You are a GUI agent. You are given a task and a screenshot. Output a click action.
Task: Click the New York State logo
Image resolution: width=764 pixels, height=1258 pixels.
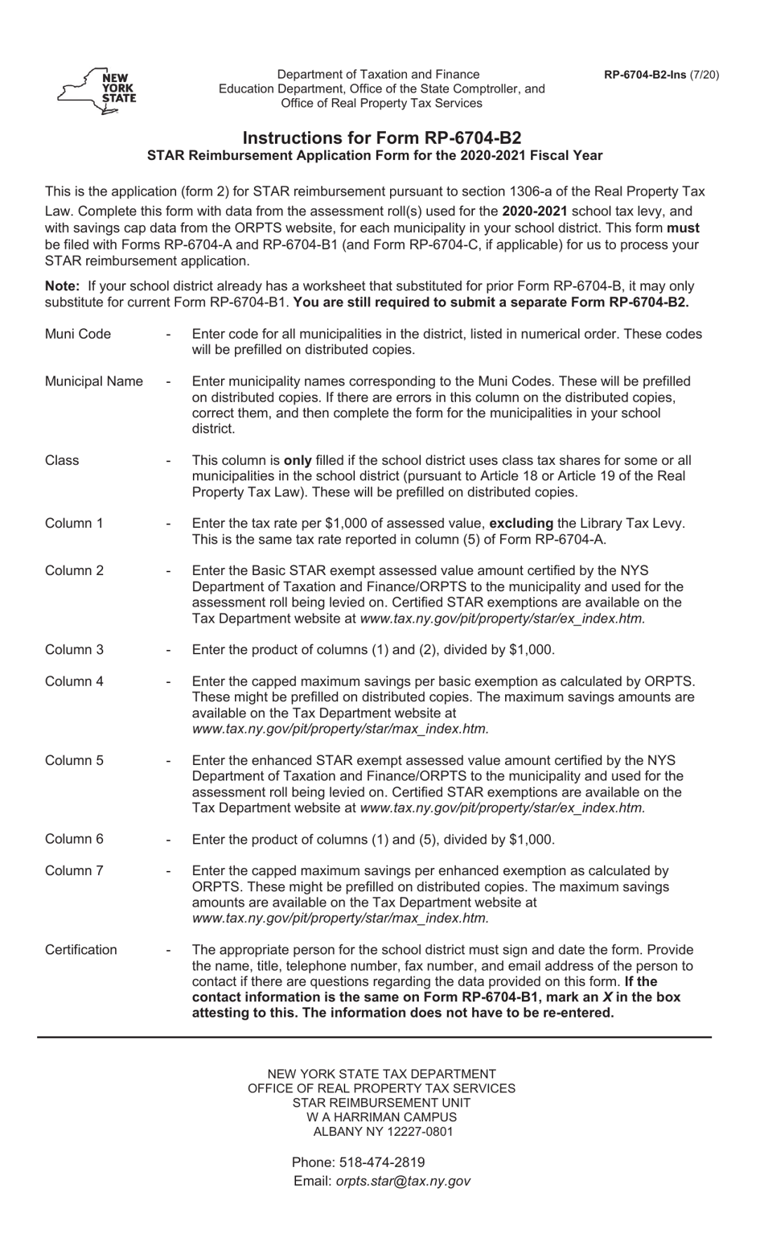tap(97, 89)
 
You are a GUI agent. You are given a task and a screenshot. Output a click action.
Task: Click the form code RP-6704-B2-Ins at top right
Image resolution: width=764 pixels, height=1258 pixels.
tap(661, 75)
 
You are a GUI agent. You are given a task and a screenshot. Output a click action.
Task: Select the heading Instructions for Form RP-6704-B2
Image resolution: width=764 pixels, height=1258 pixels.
tap(382, 138)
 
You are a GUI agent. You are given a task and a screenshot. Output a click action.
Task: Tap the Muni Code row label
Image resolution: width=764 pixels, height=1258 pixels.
tap(78, 334)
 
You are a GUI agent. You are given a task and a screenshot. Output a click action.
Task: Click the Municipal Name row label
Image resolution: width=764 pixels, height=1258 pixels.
tap(94, 381)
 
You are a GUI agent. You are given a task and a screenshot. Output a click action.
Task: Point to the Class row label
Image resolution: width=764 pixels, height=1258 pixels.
tap(62, 460)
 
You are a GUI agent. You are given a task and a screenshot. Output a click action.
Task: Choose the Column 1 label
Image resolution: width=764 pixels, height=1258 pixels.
tap(74, 523)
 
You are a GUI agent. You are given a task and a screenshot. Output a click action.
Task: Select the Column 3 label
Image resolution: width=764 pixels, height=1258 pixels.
tap(74, 649)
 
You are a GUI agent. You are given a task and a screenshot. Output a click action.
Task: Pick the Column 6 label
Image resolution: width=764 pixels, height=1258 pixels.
tap(74, 839)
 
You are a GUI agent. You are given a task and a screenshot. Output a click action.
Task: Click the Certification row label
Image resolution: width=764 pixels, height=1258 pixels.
tap(80, 949)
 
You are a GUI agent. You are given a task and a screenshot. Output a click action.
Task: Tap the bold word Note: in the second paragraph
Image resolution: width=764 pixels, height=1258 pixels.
tap(63, 286)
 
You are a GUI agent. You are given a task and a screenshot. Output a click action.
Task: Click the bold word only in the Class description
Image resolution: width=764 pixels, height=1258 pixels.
tap(297, 460)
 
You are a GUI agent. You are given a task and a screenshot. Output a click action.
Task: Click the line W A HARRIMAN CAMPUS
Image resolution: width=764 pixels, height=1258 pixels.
tap(382, 1116)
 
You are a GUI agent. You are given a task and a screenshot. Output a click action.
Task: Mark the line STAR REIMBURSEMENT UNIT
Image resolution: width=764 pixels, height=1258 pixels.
tap(382, 1102)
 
